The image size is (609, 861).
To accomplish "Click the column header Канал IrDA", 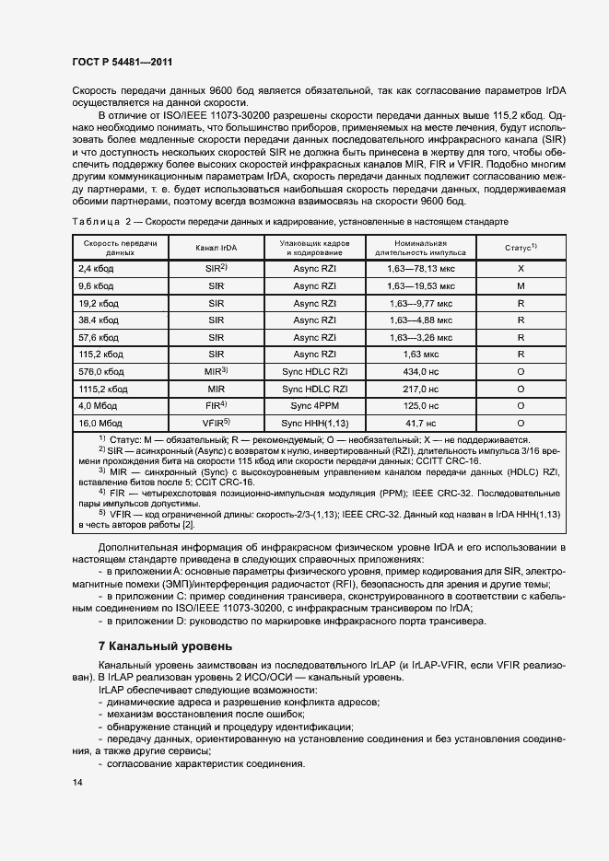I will click(x=217, y=247).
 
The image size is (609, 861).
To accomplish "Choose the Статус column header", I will click(x=521, y=247).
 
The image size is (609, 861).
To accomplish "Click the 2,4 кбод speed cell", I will click(x=96, y=268).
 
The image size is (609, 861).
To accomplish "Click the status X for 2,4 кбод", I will click(x=521, y=268).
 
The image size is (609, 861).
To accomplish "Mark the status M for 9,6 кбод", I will click(x=521, y=285).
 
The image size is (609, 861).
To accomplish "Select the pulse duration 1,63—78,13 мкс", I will click(x=420, y=268).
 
